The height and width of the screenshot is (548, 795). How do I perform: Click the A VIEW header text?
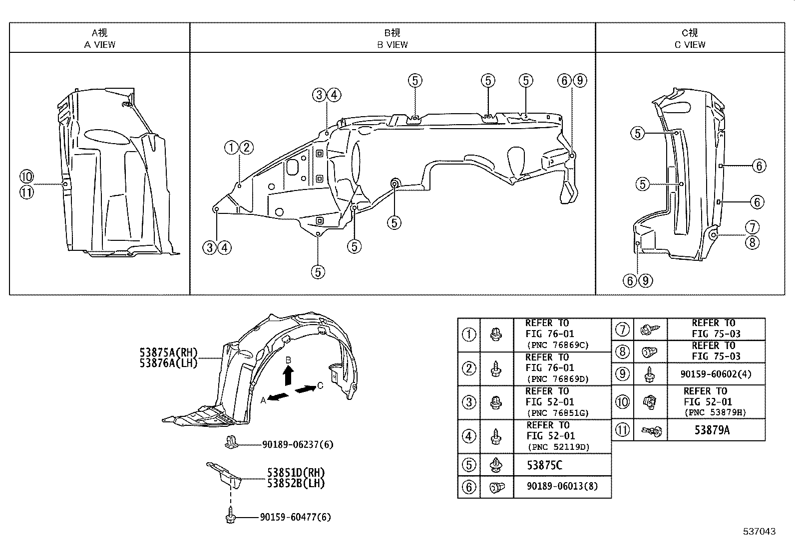tap(99, 44)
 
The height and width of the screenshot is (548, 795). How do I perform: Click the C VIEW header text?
tap(690, 44)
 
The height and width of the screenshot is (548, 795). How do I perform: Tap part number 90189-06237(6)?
tap(297, 444)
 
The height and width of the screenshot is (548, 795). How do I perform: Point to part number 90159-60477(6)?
tap(295, 518)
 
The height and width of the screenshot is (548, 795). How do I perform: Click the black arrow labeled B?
tap(288, 375)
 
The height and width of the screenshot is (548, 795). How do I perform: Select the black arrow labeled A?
tap(278, 396)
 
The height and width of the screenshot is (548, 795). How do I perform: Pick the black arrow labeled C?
tap(305, 388)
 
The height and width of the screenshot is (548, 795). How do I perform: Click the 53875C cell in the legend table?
tap(544, 465)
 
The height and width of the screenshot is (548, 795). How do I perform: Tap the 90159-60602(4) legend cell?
tap(715, 374)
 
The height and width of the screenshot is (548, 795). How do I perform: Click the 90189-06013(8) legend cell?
tap(561, 487)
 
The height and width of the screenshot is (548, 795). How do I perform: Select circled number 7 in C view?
tap(752, 227)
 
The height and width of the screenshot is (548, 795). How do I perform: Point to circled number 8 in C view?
tap(752, 242)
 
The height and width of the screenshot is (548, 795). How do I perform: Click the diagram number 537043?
tap(759, 532)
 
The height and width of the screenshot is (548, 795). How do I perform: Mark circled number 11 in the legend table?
tap(622, 430)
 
